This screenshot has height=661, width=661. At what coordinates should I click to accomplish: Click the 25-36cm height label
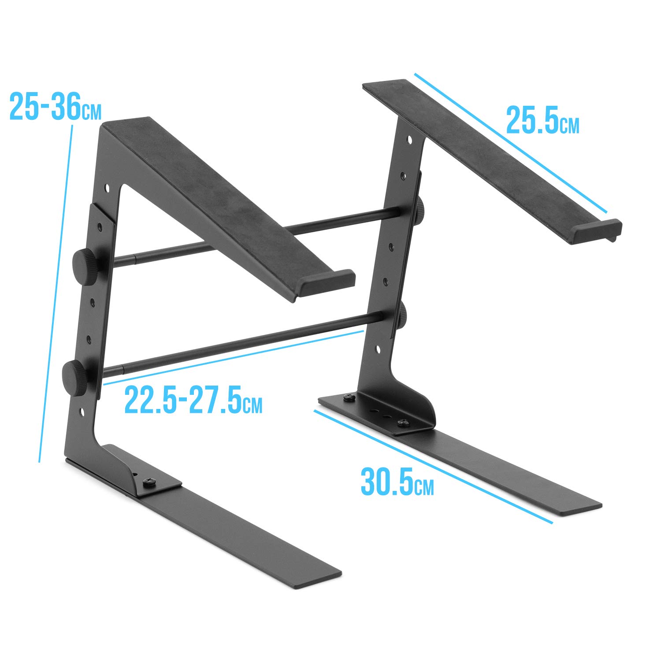click(55, 107)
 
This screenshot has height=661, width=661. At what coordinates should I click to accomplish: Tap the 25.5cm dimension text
click(542, 120)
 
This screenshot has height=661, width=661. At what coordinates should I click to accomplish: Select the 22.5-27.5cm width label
click(193, 400)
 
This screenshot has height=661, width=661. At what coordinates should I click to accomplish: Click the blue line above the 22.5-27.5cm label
click(234, 357)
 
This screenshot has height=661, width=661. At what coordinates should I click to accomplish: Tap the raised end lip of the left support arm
click(326, 282)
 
